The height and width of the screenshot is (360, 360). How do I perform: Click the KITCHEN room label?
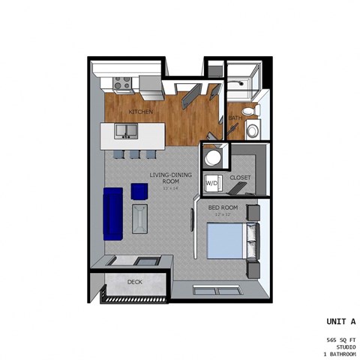click(x=140, y=112)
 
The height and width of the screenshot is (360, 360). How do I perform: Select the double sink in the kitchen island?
click(x=126, y=132)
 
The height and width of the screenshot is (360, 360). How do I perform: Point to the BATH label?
click(x=235, y=118)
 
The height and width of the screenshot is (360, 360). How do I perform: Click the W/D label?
click(x=212, y=181)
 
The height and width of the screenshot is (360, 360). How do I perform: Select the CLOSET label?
click(x=240, y=177)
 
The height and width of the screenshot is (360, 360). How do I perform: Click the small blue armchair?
click(x=139, y=191)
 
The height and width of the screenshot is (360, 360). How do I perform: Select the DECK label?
click(x=134, y=282)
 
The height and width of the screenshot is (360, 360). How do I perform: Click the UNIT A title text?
click(x=339, y=320)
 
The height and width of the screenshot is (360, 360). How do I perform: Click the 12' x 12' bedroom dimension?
click(x=224, y=215)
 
